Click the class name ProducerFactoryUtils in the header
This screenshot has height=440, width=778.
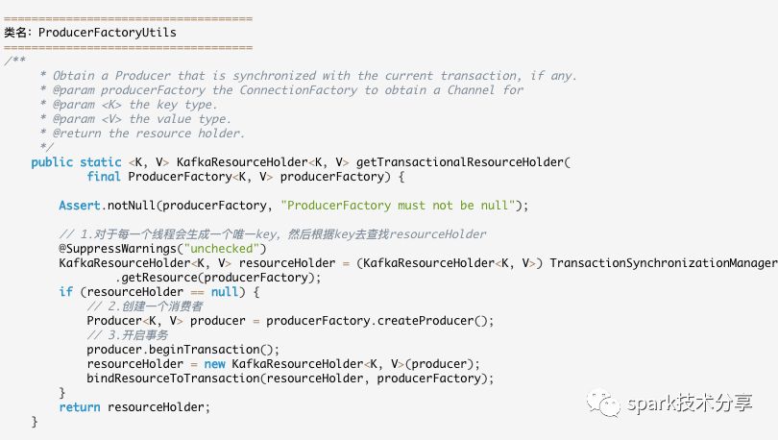107,33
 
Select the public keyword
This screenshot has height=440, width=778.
52,162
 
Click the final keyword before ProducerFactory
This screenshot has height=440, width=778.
103,177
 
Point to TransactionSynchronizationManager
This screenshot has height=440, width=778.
663,263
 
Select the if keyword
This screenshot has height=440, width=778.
65,292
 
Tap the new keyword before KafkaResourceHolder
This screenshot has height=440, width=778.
214,364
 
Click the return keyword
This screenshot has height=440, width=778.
79,407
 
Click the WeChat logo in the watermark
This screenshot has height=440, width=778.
604,403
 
